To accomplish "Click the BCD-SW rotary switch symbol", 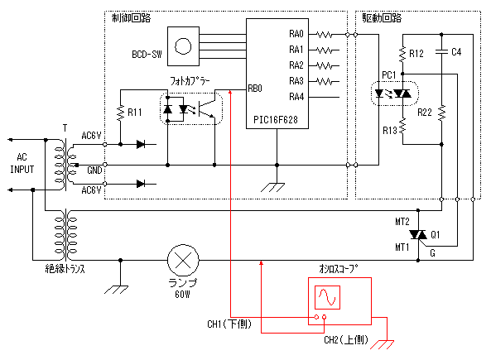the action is (x=183, y=46).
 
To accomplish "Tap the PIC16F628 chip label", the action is (x=276, y=119).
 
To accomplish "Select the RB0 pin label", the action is (x=255, y=89).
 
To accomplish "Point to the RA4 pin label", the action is (x=296, y=97).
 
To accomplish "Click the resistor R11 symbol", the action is (x=121, y=112).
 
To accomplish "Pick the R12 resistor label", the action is (x=416, y=54).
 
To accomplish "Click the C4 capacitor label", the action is (x=456, y=52).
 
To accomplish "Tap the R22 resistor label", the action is (x=425, y=113).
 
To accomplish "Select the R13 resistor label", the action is (x=390, y=130).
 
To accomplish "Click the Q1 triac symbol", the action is (x=418, y=234).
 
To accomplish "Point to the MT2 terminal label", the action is (x=402, y=222).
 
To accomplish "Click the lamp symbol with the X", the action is (x=183, y=260).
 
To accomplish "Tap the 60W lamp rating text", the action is (x=182, y=295).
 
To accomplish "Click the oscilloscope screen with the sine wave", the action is (x=327, y=297).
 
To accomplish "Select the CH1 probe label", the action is (x=229, y=324).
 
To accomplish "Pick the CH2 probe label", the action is (x=346, y=339).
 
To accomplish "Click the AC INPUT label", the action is (x=22, y=163).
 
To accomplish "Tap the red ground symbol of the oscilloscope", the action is (x=383, y=344).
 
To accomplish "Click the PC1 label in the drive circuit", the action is (x=389, y=74).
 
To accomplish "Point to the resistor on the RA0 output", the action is (x=325, y=35).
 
